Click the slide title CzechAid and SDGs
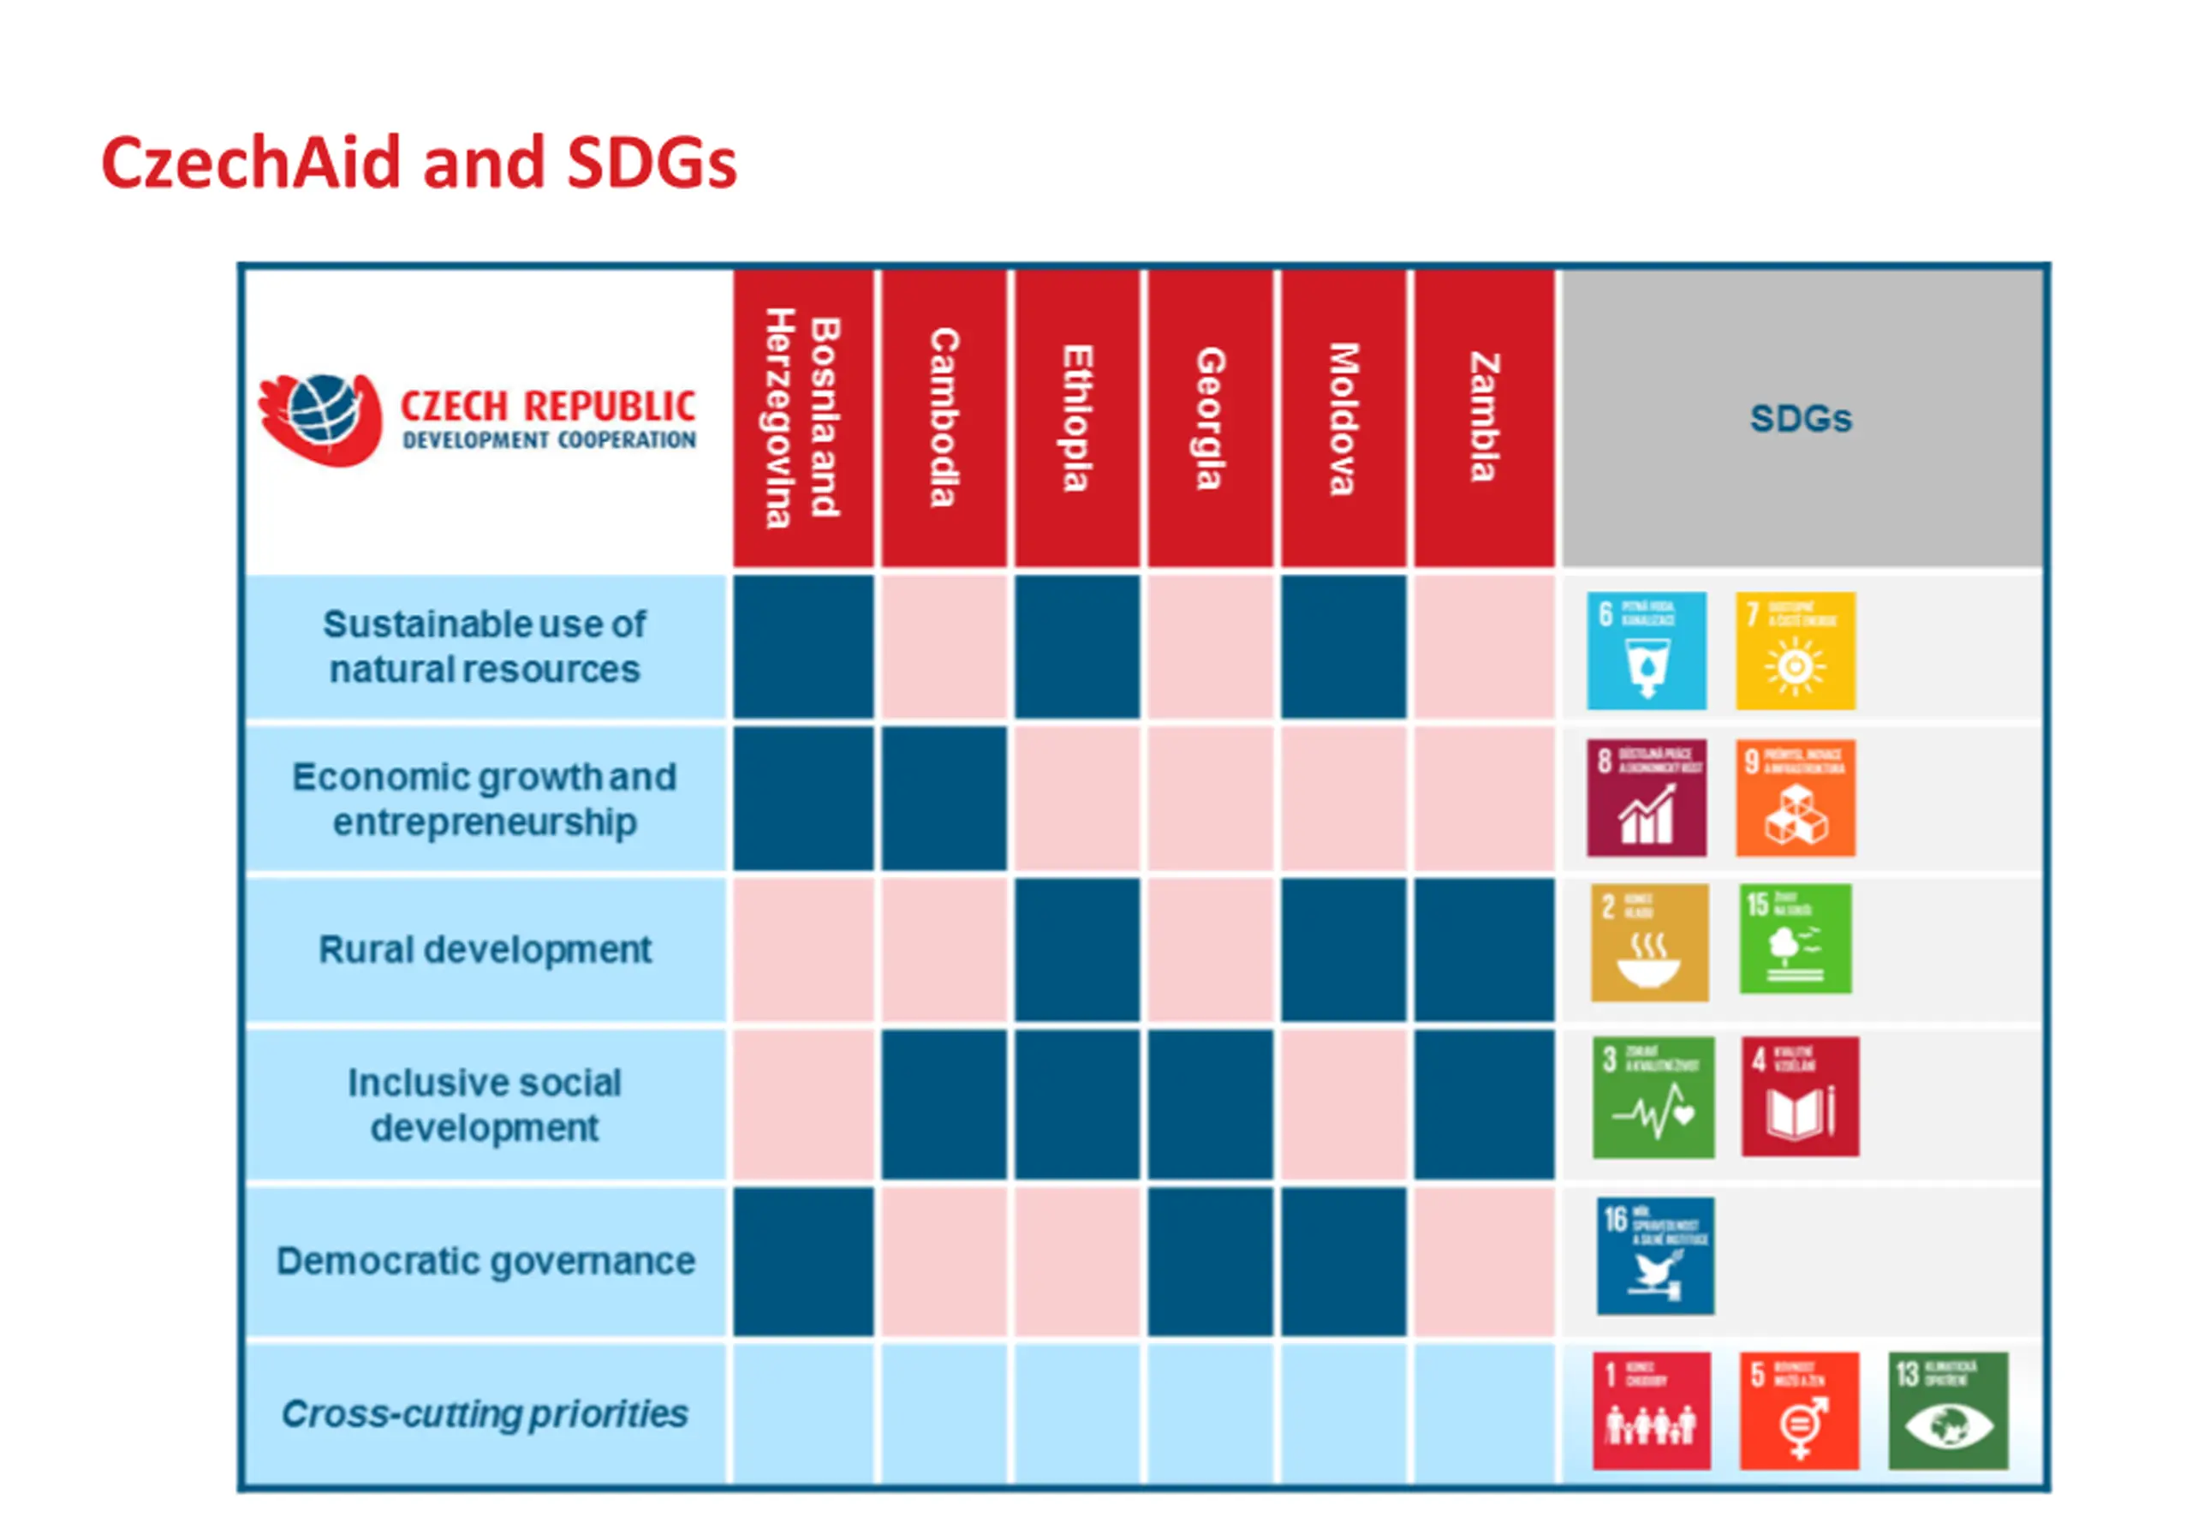click(418, 163)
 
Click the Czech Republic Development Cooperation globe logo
click(321, 418)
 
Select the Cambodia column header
click(944, 417)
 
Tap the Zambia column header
click(1484, 417)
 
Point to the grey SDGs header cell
click(1801, 417)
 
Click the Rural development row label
click(485, 949)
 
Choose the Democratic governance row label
click(485, 1261)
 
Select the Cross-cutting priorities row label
click(485, 1413)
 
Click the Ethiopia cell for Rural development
click(1077, 949)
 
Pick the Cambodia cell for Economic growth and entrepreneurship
click(944, 798)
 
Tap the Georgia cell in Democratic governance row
click(1210, 1261)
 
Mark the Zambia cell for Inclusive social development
click(1484, 1104)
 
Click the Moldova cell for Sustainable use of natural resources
click(1343, 647)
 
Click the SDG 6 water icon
click(1646, 650)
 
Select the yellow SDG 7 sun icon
click(1795, 650)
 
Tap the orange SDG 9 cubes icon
click(1795, 798)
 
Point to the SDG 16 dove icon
click(1654, 1256)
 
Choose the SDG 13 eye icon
click(1948, 1411)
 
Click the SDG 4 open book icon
click(1800, 1096)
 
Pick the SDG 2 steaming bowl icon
click(1649, 943)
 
